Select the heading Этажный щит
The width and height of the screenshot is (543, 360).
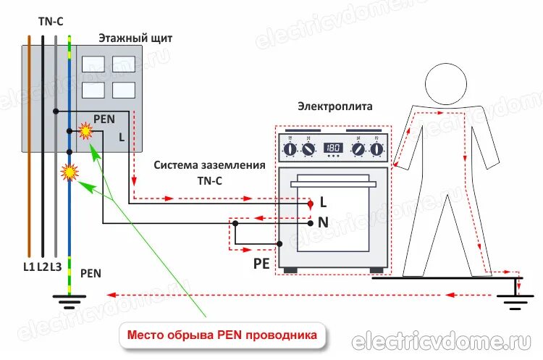pos(135,38)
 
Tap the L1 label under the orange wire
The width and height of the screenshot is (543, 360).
pos(29,267)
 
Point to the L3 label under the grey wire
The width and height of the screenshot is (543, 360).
pos(55,267)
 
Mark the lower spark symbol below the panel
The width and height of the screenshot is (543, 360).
pos(70,172)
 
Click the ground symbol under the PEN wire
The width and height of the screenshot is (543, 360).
pos(69,296)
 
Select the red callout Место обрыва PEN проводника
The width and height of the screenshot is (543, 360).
pos(222,335)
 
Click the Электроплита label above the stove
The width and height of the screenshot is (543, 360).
pos(334,106)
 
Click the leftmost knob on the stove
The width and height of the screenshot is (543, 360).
pos(290,149)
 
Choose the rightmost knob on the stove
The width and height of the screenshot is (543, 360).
pos(376,149)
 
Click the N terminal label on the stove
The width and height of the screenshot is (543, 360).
pos(323,223)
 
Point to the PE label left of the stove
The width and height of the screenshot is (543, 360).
pos(261,263)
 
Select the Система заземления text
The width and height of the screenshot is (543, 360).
pos(209,165)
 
